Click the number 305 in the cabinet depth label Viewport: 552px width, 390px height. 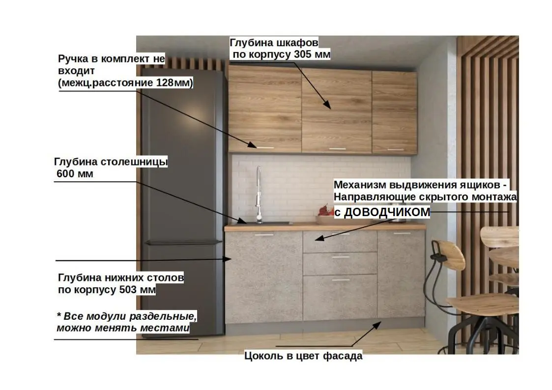(x=304, y=54)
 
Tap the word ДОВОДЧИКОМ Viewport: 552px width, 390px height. (x=386, y=212)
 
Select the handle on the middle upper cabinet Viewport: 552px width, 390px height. (x=337, y=148)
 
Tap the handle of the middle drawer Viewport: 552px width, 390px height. (x=340, y=256)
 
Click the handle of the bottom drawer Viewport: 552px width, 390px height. (x=340, y=279)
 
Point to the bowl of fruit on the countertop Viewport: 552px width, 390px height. (x=324, y=214)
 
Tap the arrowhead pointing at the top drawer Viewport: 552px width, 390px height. (x=317, y=239)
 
